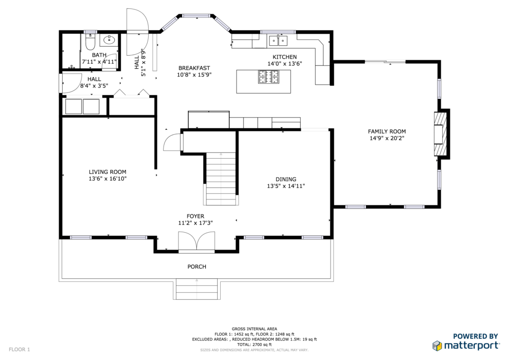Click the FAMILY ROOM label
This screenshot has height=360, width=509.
pyautogui.click(x=387, y=131)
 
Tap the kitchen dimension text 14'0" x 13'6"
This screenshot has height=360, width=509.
pyautogui.click(x=285, y=64)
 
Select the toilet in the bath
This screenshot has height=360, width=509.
pyautogui.click(x=89, y=42)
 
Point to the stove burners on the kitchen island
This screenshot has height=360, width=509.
pyautogui.click(x=268, y=77)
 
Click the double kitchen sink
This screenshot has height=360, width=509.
pyautogui.click(x=278, y=41)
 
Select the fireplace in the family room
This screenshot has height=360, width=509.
pyautogui.click(x=440, y=134)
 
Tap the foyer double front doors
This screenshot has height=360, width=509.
pyautogui.click(x=196, y=242)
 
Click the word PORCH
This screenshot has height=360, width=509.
pyautogui.click(x=197, y=267)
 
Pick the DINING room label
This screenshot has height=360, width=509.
pyautogui.click(x=286, y=179)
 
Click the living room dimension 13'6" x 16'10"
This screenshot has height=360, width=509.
pyautogui.click(x=107, y=179)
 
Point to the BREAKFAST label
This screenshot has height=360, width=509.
pyautogui.click(x=194, y=68)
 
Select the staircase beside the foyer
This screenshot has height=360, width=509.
pyautogui.click(x=221, y=179)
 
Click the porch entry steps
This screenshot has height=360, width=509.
pyautogui.click(x=197, y=289)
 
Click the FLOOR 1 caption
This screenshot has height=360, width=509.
pyautogui.click(x=19, y=350)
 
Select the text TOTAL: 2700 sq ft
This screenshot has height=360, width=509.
pyautogui.click(x=254, y=345)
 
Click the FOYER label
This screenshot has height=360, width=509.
pyautogui.click(x=195, y=216)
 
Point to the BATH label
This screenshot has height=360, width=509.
pyautogui.click(x=99, y=55)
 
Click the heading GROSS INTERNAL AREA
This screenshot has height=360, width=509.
pyautogui.click(x=254, y=329)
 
